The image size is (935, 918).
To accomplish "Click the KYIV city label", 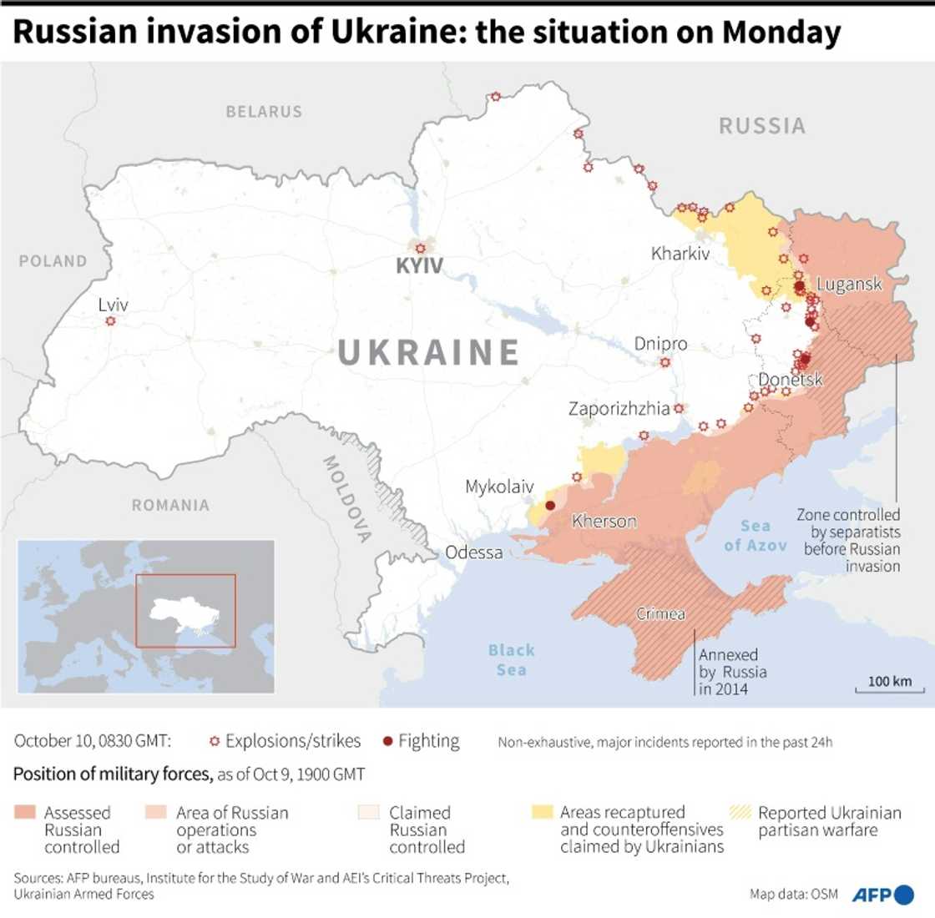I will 420,267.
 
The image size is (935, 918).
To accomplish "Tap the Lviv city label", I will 113,305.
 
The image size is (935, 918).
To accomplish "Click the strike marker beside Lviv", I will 110,320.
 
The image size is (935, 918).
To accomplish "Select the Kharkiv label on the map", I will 680,253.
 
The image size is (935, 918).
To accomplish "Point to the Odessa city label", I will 474,552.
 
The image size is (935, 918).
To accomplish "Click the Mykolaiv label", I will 499,487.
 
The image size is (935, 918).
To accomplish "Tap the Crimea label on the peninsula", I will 660,614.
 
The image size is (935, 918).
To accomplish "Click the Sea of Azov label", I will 755,535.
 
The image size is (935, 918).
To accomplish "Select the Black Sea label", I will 511,659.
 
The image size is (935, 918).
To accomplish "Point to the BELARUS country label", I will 264,111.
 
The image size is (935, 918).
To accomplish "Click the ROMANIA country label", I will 170,505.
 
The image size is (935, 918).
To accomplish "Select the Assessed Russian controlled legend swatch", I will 24,812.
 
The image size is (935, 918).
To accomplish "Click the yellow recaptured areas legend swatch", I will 542,812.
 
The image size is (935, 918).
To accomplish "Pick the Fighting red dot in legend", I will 387,741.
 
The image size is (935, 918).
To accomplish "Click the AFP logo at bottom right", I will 882,894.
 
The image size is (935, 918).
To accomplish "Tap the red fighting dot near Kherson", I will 550,506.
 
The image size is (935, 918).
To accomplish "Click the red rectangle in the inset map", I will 186,611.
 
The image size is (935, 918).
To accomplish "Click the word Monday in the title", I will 781,32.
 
